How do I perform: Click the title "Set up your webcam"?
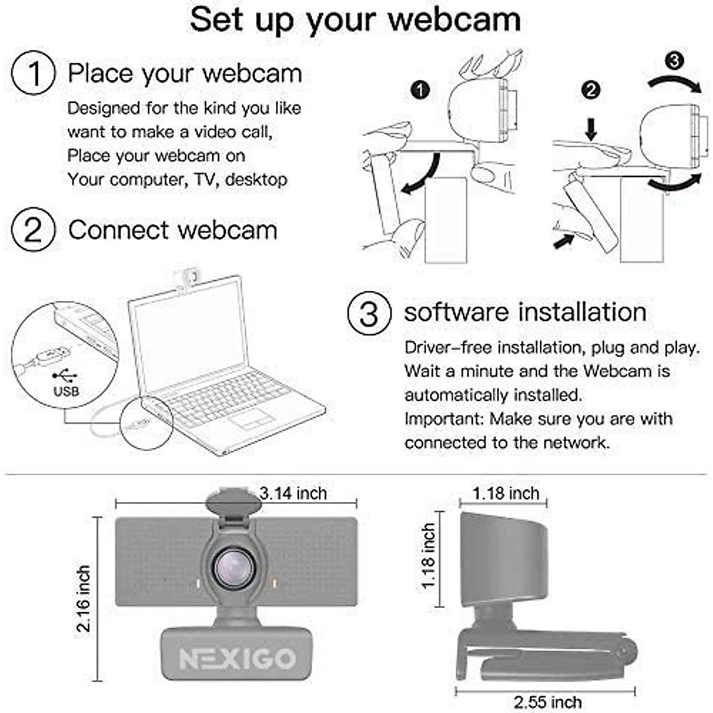355,20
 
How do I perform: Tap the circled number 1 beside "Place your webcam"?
33,73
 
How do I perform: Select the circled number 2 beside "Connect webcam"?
33,230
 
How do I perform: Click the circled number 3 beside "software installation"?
369,313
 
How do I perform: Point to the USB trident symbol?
65,376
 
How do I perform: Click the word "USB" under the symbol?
66,392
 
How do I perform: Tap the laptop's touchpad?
252,418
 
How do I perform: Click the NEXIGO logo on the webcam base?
237,658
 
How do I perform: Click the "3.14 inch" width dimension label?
294,493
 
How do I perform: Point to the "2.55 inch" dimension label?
547,702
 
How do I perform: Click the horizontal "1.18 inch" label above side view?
506,493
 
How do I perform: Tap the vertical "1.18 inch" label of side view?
428,557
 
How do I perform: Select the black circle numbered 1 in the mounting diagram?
420,90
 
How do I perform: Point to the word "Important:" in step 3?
444,419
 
